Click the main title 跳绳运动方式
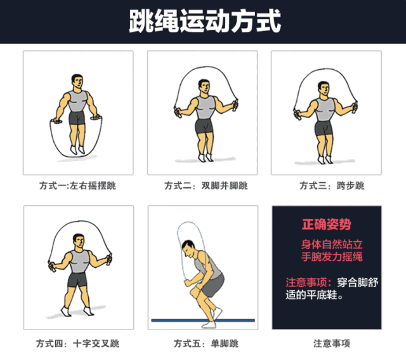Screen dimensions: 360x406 [x=204, y=20]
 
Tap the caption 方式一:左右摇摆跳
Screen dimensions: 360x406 [x=78, y=186]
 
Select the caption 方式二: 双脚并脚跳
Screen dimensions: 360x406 [x=203, y=186]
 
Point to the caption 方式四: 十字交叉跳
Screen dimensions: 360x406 [x=78, y=343]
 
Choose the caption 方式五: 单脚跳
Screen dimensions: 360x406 [x=203, y=343]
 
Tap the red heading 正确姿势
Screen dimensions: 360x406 [x=327, y=225]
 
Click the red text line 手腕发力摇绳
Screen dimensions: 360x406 [x=332, y=257]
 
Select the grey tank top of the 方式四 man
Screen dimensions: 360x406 [x=79, y=260]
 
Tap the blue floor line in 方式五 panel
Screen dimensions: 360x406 [x=203, y=320]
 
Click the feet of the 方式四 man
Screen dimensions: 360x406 [x=76, y=310]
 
